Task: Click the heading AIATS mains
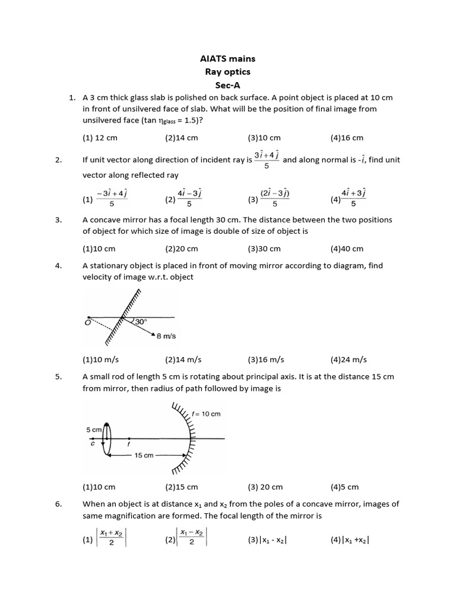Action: pyautogui.click(x=228, y=59)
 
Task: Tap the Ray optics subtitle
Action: pyautogui.click(x=228, y=71)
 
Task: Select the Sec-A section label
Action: pyautogui.click(x=228, y=84)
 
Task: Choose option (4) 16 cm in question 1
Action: pyautogui.click(x=347, y=137)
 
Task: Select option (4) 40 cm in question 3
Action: pyautogui.click(x=347, y=249)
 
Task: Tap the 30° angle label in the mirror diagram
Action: pyautogui.click(x=141, y=321)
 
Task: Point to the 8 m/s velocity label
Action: pyautogui.click(x=166, y=336)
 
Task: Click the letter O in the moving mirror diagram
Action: pyautogui.click(x=88, y=322)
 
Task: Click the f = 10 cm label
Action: pyautogui.click(x=207, y=414)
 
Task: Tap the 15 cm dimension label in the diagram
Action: pyautogui.click(x=144, y=455)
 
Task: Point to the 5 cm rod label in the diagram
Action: pyautogui.click(x=94, y=429)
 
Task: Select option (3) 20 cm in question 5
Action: pyautogui.click(x=265, y=486)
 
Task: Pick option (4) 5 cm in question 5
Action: pyautogui.click(x=344, y=486)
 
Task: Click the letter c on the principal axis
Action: pyautogui.click(x=93, y=442)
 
